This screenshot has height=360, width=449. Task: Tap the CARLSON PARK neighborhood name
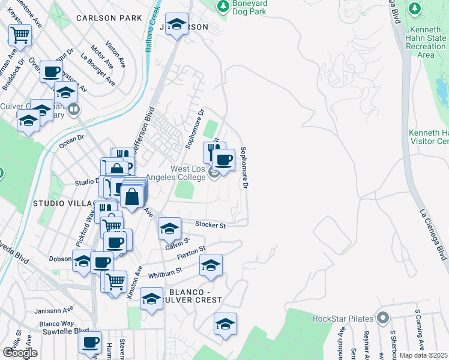point(109,18)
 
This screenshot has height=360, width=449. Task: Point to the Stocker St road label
point(210,225)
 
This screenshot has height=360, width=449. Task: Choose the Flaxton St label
point(191,253)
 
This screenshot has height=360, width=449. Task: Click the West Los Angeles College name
point(184,174)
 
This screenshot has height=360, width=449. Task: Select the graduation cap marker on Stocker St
point(170,228)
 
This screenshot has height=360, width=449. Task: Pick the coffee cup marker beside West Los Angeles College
point(223,160)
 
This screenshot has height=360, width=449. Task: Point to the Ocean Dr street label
point(71,142)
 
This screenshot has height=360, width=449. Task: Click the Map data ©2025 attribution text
point(424,355)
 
